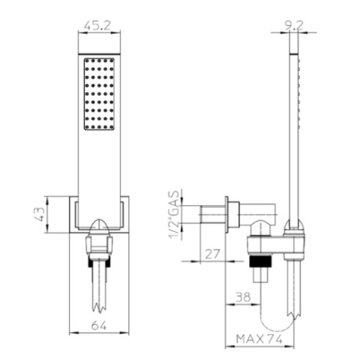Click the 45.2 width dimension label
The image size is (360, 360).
[x=97, y=25]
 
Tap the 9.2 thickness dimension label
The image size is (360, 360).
[x=294, y=25]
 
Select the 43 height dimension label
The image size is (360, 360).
[x=39, y=214]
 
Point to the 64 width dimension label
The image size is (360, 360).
[x=99, y=325]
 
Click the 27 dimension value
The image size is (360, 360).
[x=212, y=254]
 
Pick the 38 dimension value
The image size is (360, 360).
[x=243, y=297]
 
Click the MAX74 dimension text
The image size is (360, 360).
[x=259, y=339]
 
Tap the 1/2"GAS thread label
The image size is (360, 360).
[x=174, y=215]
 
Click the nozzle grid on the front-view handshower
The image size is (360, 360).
[x=99, y=94]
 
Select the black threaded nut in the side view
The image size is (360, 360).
[x=260, y=261]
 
